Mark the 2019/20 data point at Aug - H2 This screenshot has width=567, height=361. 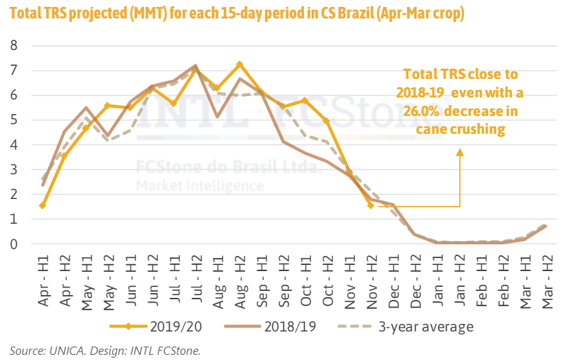click(239, 65)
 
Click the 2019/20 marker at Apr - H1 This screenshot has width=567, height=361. click(43, 205)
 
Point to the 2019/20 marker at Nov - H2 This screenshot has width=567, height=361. click(371, 205)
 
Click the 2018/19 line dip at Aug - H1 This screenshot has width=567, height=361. click(218, 117)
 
